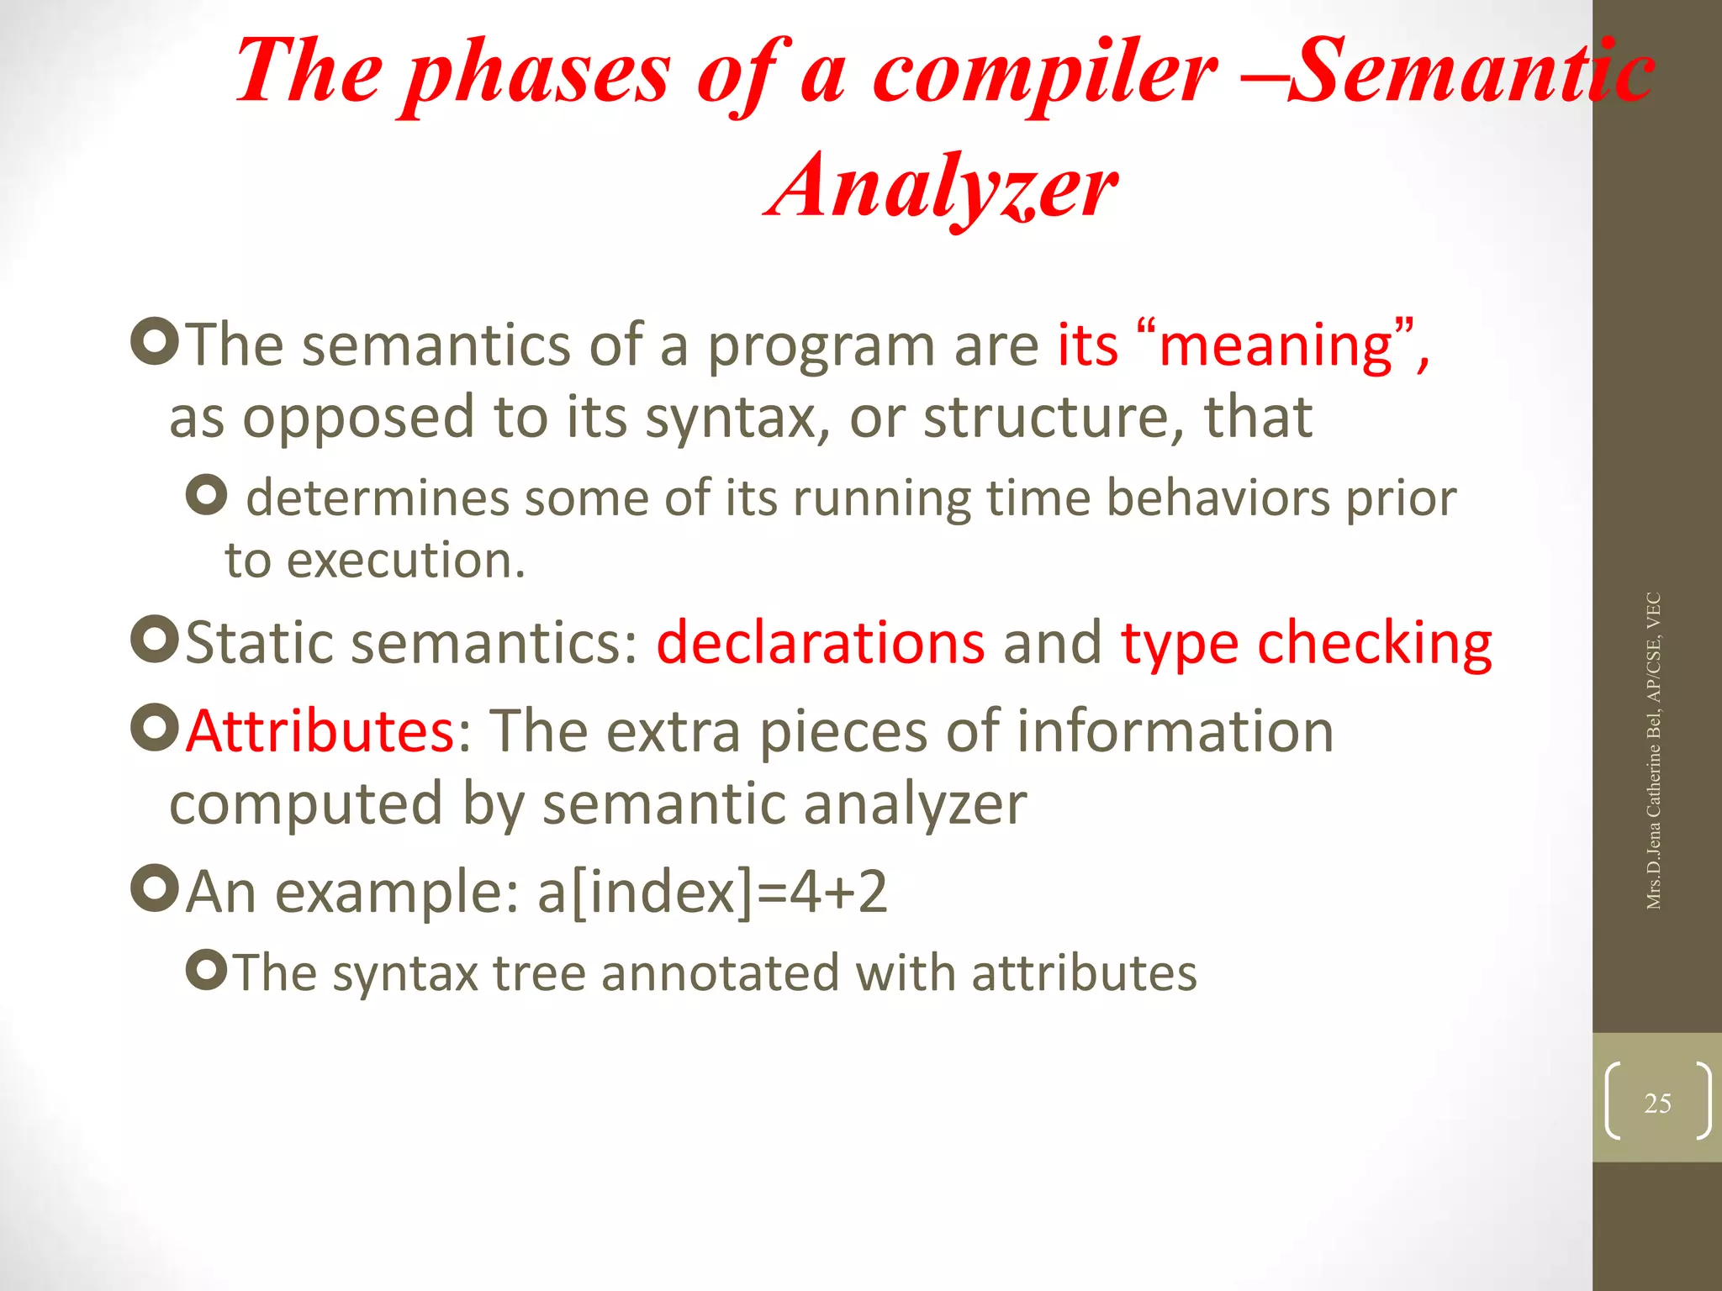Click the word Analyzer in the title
[942, 187]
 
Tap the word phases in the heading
[538, 74]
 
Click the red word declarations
[821, 643]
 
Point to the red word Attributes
[320, 730]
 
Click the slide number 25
[1657, 1103]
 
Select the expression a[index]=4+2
[712, 892]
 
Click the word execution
[405, 561]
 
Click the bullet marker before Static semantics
[156, 640]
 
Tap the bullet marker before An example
[156, 888]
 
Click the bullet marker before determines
[207, 495]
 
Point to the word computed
[306, 804]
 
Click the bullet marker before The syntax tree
[207, 971]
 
